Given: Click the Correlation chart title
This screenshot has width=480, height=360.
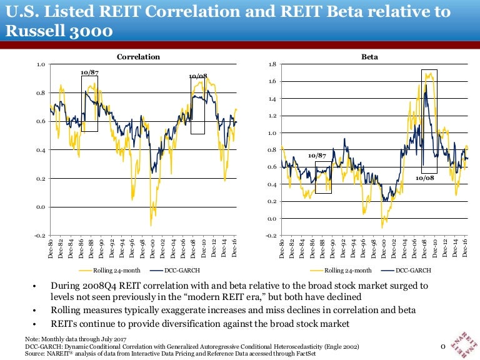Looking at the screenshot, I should pos(138,57).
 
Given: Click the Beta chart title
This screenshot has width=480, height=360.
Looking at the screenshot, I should pos(369,57).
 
